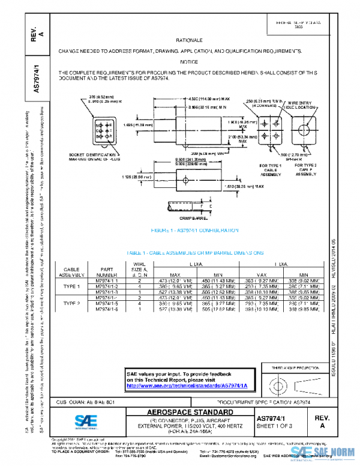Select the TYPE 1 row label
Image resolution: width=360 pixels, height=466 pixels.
tap(71, 286)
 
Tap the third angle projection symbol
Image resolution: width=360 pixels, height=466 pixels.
tap(287, 383)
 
